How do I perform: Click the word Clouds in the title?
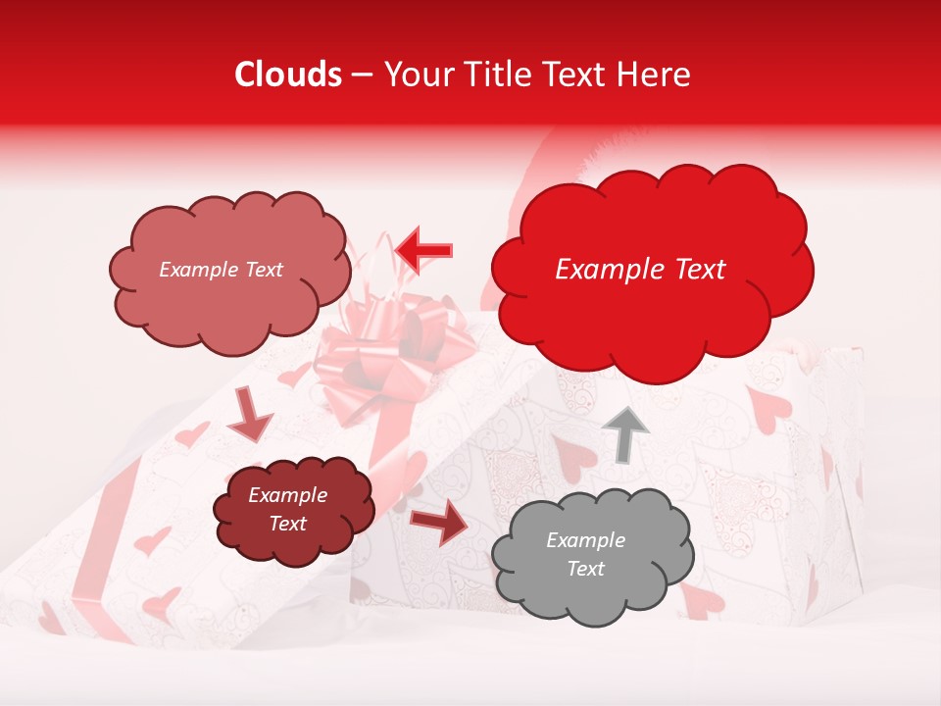point(288,75)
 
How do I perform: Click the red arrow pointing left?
point(424,251)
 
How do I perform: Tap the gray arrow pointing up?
point(623,432)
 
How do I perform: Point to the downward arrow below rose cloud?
point(250,414)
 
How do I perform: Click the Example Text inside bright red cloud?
point(640,270)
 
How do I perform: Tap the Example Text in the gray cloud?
point(585,554)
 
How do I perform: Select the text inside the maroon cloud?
point(287,509)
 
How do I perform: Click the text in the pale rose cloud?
point(221,270)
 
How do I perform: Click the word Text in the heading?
point(573,75)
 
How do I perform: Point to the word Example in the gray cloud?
point(585,540)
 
